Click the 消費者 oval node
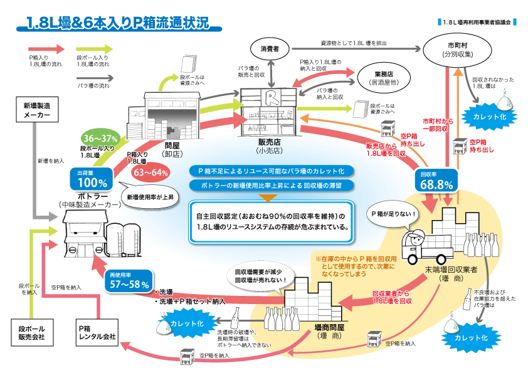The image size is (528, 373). tap(270, 49)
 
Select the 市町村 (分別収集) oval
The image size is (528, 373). tap(457, 50)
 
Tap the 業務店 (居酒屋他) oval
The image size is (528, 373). tap(384, 78)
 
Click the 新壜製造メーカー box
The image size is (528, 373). tap(37, 110)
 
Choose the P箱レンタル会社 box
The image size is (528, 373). tap(97, 333)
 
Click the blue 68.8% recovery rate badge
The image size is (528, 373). tap(436, 181)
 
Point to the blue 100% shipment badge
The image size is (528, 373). tap(92, 179)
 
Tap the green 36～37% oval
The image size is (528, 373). tap(100, 138)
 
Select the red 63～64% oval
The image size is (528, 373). tap(150, 172)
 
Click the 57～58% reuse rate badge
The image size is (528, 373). tap(129, 281)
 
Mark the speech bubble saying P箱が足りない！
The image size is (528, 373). tap(394, 216)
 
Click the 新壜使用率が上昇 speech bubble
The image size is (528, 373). tap(150, 197)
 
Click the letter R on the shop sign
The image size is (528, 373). tap(270, 97)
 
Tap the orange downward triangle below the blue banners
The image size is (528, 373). tap(268, 197)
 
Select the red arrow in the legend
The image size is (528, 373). tap(46, 49)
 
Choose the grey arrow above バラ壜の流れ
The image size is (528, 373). tap(95, 78)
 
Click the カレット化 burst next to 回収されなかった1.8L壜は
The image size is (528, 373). tap(489, 117)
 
